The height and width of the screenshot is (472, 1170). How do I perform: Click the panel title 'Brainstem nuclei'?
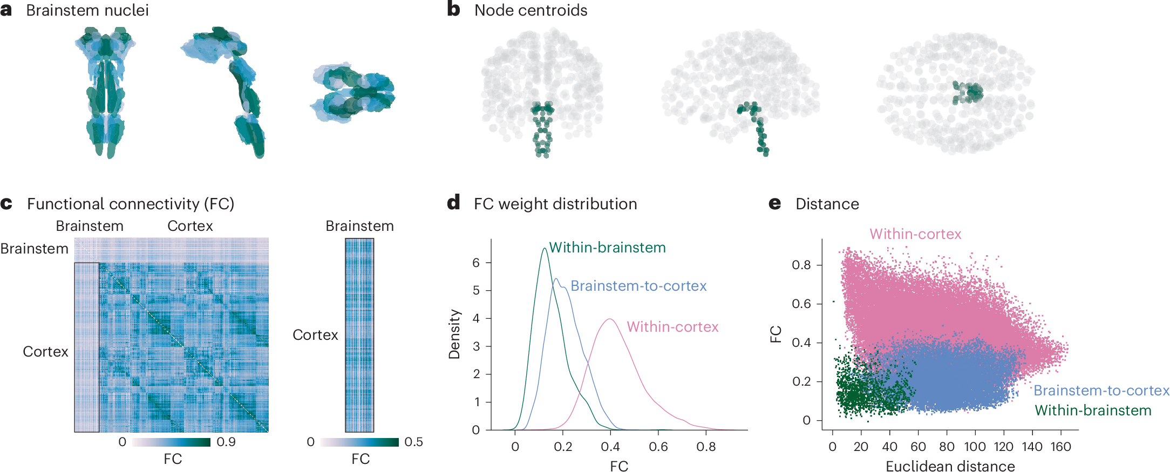(87, 10)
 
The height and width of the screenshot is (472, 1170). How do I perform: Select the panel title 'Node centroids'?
(530, 10)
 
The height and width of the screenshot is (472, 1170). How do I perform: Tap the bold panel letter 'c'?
(6, 204)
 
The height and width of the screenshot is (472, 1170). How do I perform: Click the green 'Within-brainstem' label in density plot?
(607, 248)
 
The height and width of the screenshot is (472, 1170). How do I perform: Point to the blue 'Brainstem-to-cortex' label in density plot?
(638, 286)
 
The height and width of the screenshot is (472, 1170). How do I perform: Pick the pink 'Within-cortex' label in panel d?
(672, 327)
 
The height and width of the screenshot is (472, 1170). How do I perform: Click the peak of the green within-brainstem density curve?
(544, 249)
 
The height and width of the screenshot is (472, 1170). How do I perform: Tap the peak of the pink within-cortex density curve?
(610, 319)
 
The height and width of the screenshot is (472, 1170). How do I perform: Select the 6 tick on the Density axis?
(476, 263)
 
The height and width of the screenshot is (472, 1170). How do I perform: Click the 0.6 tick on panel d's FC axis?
(658, 447)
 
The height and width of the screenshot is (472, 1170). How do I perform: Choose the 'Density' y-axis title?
(454, 334)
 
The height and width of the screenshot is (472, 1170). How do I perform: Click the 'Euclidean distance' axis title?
(950, 466)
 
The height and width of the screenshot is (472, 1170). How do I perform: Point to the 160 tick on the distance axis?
(1060, 447)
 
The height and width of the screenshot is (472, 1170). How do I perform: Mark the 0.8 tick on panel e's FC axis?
(801, 265)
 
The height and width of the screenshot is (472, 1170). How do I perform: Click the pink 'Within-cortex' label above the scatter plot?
(915, 234)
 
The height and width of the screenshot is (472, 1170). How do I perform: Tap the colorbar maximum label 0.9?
(226, 442)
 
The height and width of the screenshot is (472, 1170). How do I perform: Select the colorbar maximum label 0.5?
(413, 442)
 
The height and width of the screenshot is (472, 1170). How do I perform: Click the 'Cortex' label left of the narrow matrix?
(315, 335)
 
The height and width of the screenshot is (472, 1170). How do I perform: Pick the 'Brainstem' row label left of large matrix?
(35, 249)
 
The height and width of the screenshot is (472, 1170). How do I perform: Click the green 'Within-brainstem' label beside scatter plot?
(1093, 411)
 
